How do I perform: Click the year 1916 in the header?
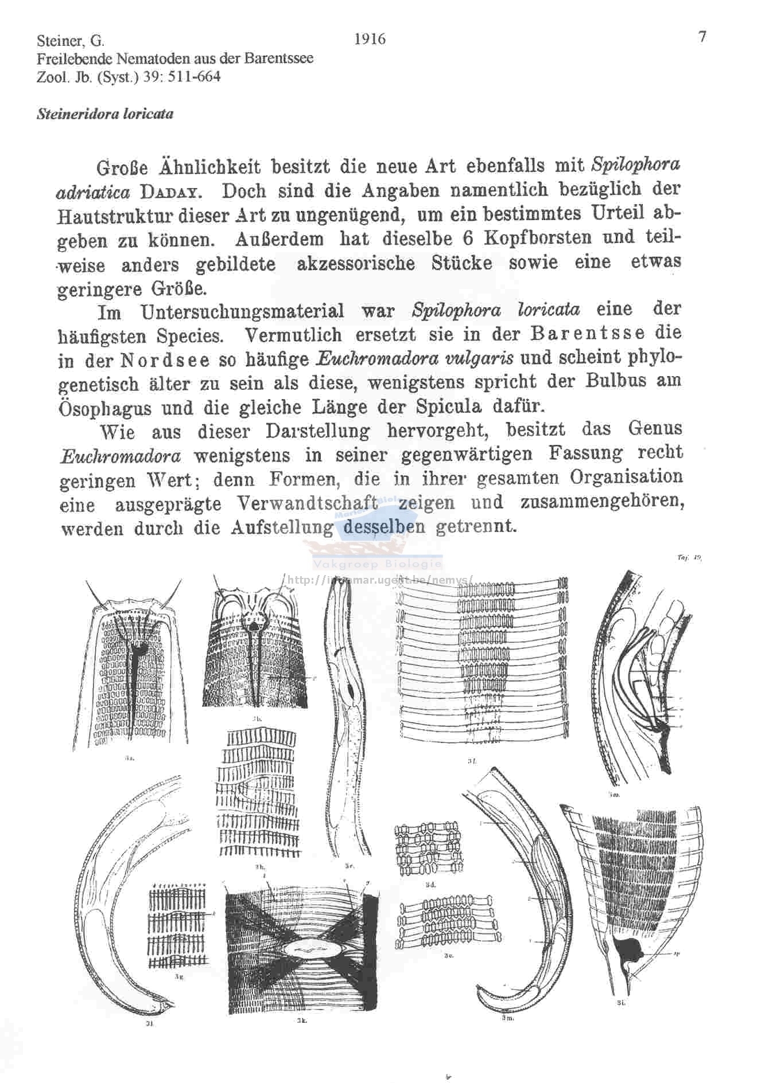(x=370, y=39)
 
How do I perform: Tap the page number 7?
(x=702, y=37)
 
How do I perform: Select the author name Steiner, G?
(x=70, y=41)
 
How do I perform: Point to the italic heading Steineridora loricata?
(x=104, y=114)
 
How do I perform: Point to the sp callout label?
(x=677, y=954)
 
